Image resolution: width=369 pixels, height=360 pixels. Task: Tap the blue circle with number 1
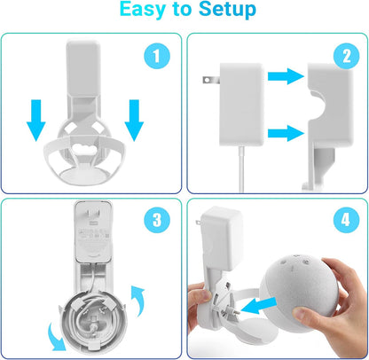pyautogui.click(x=157, y=58)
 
